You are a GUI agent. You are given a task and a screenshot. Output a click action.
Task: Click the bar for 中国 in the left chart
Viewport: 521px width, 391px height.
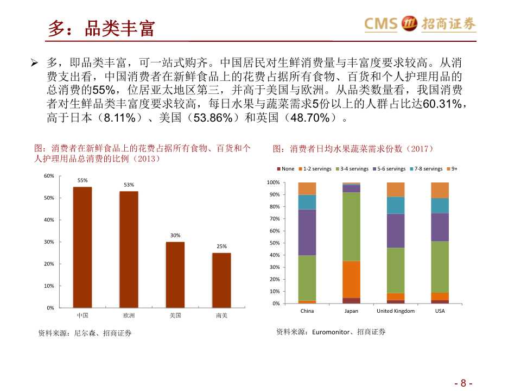(x=82, y=247)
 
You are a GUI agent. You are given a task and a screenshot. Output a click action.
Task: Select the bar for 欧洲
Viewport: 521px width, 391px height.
(x=129, y=249)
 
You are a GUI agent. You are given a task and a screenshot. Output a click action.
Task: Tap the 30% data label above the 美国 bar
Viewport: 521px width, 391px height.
(x=175, y=235)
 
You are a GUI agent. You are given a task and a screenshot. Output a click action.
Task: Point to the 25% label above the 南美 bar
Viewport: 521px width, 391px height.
(x=221, y=246)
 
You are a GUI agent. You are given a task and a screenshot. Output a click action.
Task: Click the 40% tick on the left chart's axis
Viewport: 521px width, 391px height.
(x=49, y=220)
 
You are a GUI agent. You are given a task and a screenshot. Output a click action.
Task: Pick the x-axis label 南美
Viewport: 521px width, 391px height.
(x=221, y=315)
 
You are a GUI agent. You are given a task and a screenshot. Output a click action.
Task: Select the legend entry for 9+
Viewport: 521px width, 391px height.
(x=452, y=169)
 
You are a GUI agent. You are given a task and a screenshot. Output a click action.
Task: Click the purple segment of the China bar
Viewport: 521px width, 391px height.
(x=307, y=232)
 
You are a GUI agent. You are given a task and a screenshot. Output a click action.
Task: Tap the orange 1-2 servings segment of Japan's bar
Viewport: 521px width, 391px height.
(x=351, y=279)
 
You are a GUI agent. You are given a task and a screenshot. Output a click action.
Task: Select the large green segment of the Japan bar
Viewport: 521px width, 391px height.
(x=351, y=226)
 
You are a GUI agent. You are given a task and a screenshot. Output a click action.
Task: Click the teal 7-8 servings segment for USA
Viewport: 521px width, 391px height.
(x=440, y=205)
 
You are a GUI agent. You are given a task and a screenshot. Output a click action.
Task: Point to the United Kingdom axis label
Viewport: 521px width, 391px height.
(x=396, y=311)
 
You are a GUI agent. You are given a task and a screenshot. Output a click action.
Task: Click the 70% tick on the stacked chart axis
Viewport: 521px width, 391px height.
(x=274, y=219)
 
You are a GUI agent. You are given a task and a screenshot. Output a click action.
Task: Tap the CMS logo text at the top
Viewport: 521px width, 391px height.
(x=381, y=24)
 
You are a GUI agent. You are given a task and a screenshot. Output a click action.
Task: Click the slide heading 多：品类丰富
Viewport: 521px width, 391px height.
(x=101, y=28)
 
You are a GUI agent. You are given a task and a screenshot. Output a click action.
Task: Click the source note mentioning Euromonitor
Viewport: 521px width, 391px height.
(x=331, y=331)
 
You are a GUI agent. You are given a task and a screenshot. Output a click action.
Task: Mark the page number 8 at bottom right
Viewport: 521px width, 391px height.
(x=463, y=382)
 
